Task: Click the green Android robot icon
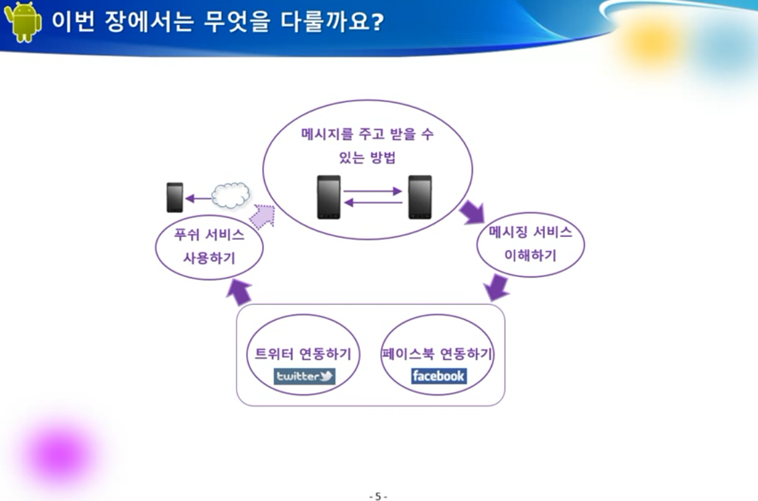coord(23,21)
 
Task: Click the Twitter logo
coord(305,376)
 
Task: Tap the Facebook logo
coord(438,376)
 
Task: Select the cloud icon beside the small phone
coord(231,194)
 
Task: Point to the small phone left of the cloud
coord(175,197)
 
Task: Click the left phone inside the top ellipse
coord(328,197)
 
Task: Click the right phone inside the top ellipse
coord(420,197)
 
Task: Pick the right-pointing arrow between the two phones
coord(373,191)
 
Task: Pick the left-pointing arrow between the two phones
coord(373,202)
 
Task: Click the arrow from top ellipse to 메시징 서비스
coord(472,212)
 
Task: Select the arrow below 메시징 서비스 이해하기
coord(496,287)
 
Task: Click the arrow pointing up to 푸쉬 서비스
coord(239,291)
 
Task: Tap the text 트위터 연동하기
coord(303,354)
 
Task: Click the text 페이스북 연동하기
coord(437,354)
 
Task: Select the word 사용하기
coord(209,258)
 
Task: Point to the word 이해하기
coord(530,255)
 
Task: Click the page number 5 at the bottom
coord(378,496)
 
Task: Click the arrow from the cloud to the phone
coord(198,198)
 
